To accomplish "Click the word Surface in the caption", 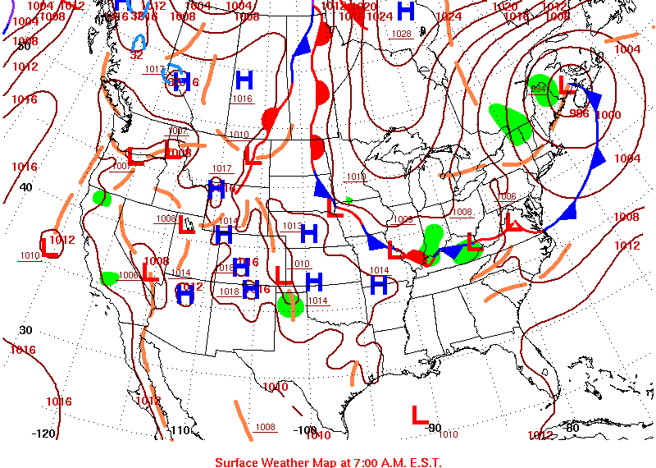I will tap(238, 461).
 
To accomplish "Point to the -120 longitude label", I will tap(43, 433).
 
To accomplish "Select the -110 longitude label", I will tap(180, 430).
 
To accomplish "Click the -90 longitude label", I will tap(434, 428).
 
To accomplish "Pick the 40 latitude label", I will tap(25, 186).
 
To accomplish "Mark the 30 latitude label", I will tap(25, 330).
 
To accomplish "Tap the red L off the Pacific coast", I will tap(48, 246).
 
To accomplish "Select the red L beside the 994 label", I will tap(563, 85).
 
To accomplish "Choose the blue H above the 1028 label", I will tap(405, 11).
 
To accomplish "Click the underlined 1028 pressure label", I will tap(402, 34).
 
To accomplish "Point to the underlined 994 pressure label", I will tap(539, 88).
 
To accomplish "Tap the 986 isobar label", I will tap(579, 113).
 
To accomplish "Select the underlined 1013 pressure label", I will tap(292, 226).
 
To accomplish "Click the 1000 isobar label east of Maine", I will tap(608, 115).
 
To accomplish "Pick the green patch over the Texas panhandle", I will tap(290, 306).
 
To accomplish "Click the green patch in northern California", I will tap(102, 198).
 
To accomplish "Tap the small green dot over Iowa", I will tap(349, 200).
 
